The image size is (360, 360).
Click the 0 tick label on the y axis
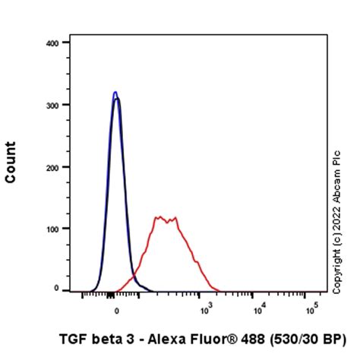point(56,289)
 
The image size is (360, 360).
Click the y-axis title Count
point(11,162)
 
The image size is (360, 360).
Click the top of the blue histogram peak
point(115,93)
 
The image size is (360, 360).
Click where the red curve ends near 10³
point(218,289)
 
